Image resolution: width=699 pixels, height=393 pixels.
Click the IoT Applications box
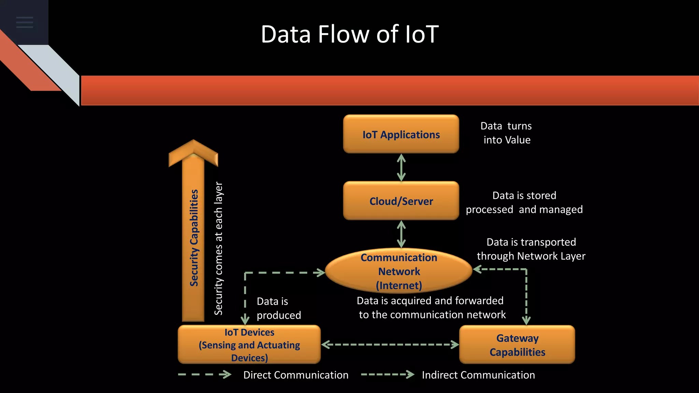coord(401,134)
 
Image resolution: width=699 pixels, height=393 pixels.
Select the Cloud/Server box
coord(401,201)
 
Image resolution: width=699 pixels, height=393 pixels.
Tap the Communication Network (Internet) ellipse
coord(399,271)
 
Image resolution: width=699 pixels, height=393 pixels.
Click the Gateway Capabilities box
coord(517,345)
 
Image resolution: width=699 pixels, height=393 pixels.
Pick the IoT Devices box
coord(249,345)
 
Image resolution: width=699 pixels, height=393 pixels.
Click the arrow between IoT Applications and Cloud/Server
coord(401,168)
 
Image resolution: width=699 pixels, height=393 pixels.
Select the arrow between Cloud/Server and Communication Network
coord(401,234)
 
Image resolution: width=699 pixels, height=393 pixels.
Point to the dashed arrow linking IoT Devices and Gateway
coord(390,345)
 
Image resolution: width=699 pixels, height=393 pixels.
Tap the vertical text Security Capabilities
coord(194,238)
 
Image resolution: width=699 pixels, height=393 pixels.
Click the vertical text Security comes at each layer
coord(218,248)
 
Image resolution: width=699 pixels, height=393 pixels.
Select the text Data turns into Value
coord(507,133)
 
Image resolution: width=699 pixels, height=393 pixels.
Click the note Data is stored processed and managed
coord(524,202)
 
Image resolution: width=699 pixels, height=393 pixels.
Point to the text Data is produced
coord(279,308)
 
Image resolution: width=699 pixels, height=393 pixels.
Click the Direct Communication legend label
coord(296,375)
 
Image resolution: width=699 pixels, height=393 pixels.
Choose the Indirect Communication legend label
coord(478,375)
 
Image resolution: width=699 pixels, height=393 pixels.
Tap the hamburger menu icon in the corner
coord(25,22)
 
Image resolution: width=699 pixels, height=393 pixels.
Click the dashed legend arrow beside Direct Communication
coord(204,375)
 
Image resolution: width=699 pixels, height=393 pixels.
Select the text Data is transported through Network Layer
coord(531,249)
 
